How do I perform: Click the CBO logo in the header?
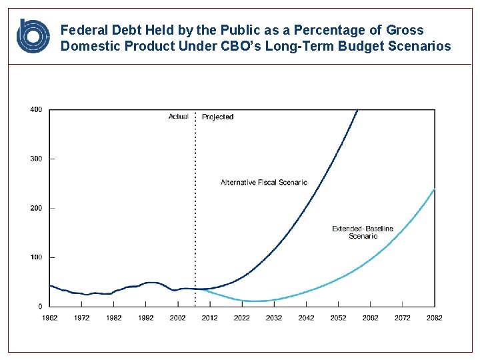(33, 36)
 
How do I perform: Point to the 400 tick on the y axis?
(36, 109)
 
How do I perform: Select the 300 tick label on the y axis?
(36, 159)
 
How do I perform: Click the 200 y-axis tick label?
(36, 208)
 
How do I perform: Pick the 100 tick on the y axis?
(36, 257)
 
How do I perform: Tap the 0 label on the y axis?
(40, 307)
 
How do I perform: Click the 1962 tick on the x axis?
(50, 318)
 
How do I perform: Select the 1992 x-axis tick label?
(146, 318)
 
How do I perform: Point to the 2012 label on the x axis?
(210, 318)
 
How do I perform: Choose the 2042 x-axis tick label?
(306, 318)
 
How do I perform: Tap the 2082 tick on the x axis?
(435, 318)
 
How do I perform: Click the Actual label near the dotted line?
(178, 117)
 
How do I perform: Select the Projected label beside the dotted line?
(217, 117)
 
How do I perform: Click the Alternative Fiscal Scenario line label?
(264, 182)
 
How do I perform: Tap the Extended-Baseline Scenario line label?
(363, 232)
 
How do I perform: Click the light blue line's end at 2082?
(435, 189)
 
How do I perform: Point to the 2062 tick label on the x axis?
(371, 318)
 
